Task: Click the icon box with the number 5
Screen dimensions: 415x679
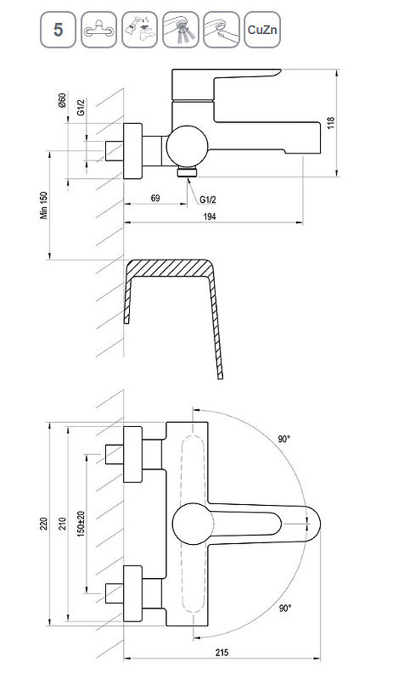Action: tap(58, 30)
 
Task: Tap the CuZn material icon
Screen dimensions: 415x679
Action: tap(262, 30)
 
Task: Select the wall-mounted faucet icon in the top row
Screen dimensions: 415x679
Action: tap(98, 30)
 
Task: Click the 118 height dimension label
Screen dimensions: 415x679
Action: tap(331, 123)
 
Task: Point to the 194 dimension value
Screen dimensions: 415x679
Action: tap(210, 216)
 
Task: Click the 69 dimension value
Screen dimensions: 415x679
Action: tap(155, 198)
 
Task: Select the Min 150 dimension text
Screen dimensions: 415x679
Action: tap(44, 205)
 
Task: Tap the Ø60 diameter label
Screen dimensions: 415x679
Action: tap(62, 100)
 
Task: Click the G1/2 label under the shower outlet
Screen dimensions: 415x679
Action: tap(208, 199)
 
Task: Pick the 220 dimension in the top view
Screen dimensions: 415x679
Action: tap(43, 524)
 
